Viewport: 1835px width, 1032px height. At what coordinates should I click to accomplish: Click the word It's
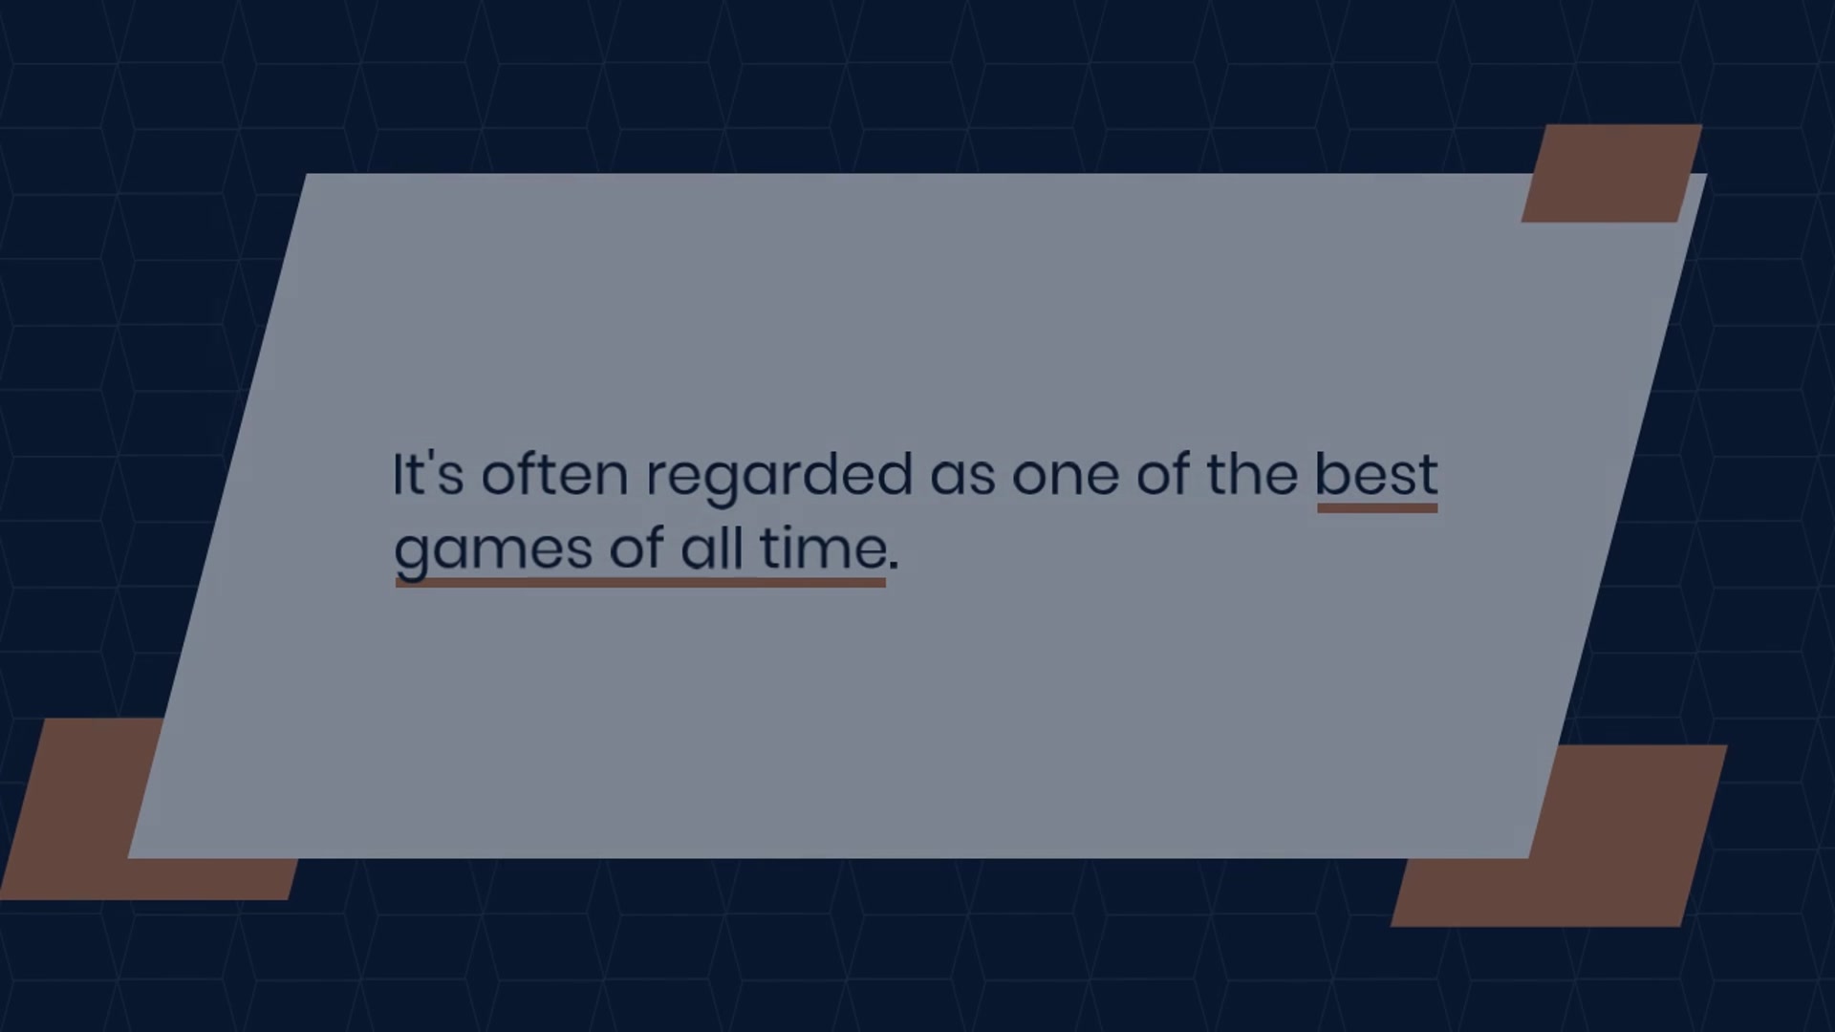pyautogui.click(x=428, y=474)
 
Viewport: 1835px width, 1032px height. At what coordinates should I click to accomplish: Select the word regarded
pyautogui.click(x=779, y=478)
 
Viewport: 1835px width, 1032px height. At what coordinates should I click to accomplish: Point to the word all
pyautogui.click(x=712, y=548)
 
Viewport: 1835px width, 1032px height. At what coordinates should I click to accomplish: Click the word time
pyautogui.click(x=823, y=548)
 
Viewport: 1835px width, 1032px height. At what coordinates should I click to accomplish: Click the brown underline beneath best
pyautogui.click(x=1377, y=507)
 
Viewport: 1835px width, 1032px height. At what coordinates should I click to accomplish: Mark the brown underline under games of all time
pyautogui.click(x=640, y=582)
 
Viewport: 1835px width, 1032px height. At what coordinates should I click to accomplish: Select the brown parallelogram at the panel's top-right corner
pyautogui.click(x=1611, y=173)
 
